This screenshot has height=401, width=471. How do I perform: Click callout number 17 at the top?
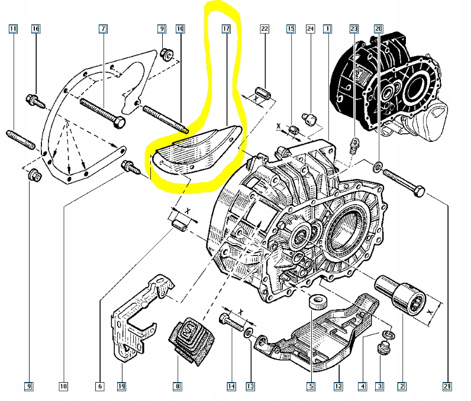pos(225,28)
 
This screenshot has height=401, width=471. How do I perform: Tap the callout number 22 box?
pos(264,28)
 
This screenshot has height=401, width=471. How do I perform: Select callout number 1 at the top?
pos(327,28)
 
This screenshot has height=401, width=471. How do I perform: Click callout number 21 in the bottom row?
pos(445,387)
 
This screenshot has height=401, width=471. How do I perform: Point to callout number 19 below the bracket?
pos(121,387)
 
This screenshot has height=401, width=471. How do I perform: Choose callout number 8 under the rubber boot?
pos(176,387)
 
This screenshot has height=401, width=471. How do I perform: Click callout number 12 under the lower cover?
pos(338,387)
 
